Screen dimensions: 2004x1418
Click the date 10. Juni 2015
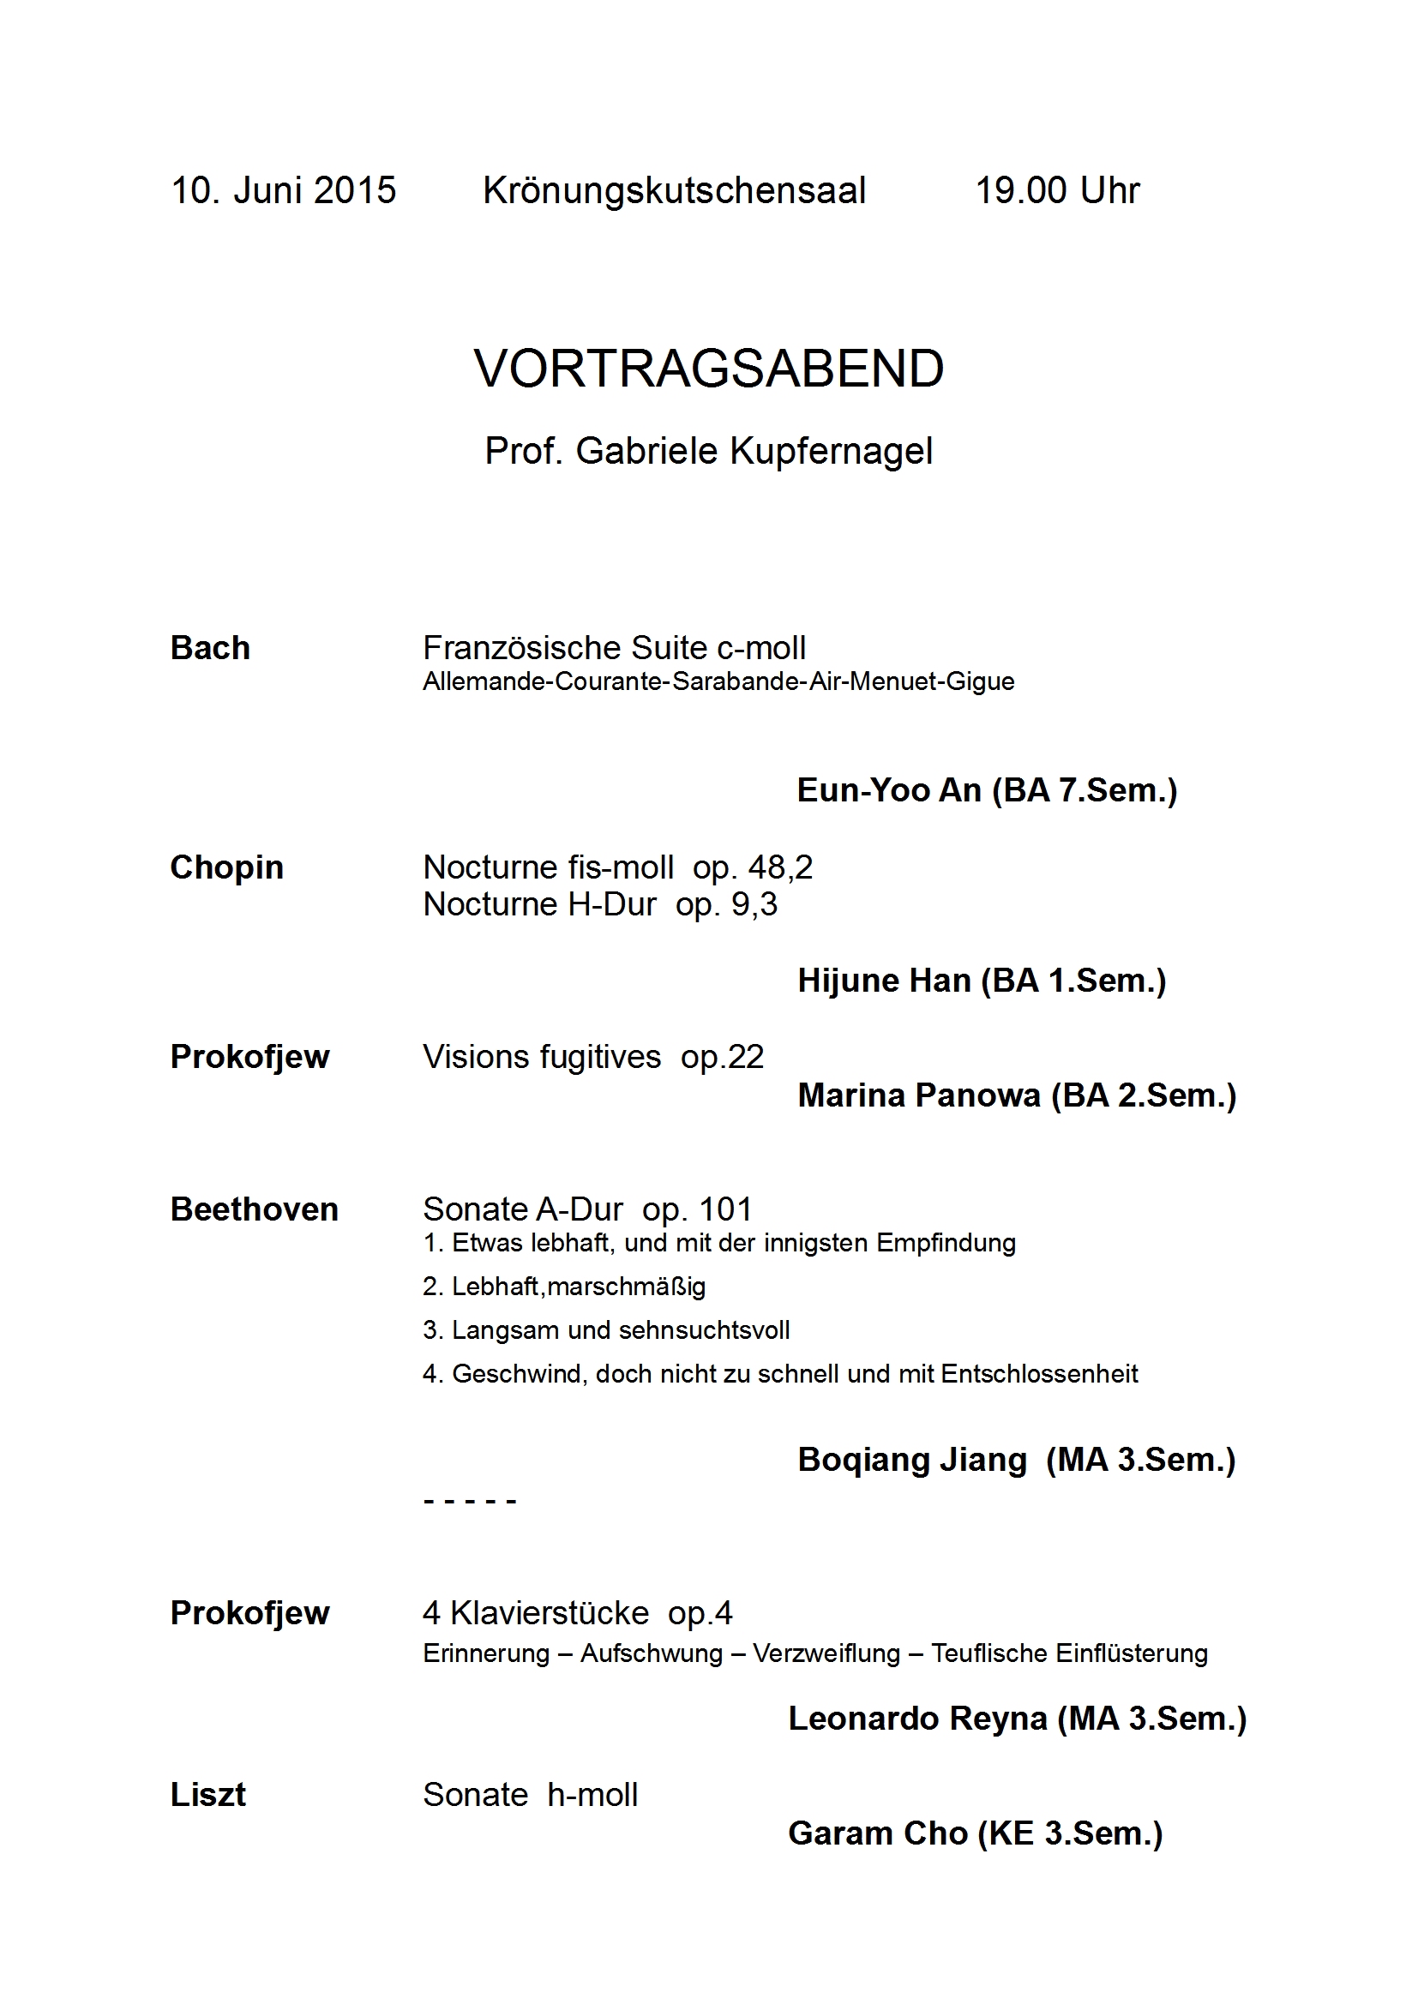[283, 190]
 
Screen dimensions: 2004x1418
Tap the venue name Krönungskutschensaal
[674, 190]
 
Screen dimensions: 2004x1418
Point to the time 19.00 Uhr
[1057, 190]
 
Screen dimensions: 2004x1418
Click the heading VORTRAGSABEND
[709, 369]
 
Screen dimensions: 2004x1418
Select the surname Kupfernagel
[832, 451]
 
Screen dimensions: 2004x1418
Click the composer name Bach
[210, 648]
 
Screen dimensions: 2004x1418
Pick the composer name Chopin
[227, 867]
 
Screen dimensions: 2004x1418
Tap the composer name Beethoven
[254, 1209]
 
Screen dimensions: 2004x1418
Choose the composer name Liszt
[207, 1795]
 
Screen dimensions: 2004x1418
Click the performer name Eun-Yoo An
[889, 790]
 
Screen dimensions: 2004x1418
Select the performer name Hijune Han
[884, 981]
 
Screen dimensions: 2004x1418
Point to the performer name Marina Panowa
[918, 1095]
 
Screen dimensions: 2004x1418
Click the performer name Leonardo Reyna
[917, 1718]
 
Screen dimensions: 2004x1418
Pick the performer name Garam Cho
[878, 1833]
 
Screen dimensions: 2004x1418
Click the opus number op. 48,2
[753, 867]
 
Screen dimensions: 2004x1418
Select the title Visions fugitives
[541, 1057]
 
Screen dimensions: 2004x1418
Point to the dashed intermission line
[470, 1502]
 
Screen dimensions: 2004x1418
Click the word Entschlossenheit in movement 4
[1039, 1373]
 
